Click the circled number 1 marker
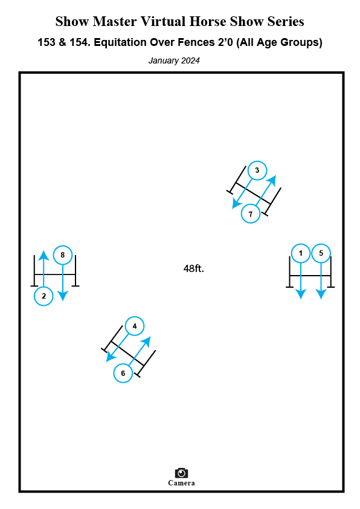click(x=301, y=253)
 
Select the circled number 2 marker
click(x=43, y=296)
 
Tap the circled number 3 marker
click(x=257, y=170)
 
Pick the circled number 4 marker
click(x=135, y=326)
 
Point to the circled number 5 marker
click(x=321, y=253)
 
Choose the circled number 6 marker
click(x=123, y=373)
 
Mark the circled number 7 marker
click(x=251, y=213)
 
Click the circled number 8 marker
click(x=63, y=255)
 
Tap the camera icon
click(x=181, y=473)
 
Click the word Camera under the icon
click(x=181, y=483)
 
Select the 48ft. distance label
click(x=194, y=268)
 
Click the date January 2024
click(x=174, y=60)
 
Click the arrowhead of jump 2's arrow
click(x=43, y=255)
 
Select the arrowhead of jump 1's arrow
click(x=301, y=294)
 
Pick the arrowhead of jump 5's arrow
click(x=321, y=294)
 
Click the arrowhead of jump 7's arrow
click(x=272, y=180)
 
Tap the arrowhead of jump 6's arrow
click(x=147, y=342)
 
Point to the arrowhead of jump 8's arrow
click(x=63, y=296)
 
